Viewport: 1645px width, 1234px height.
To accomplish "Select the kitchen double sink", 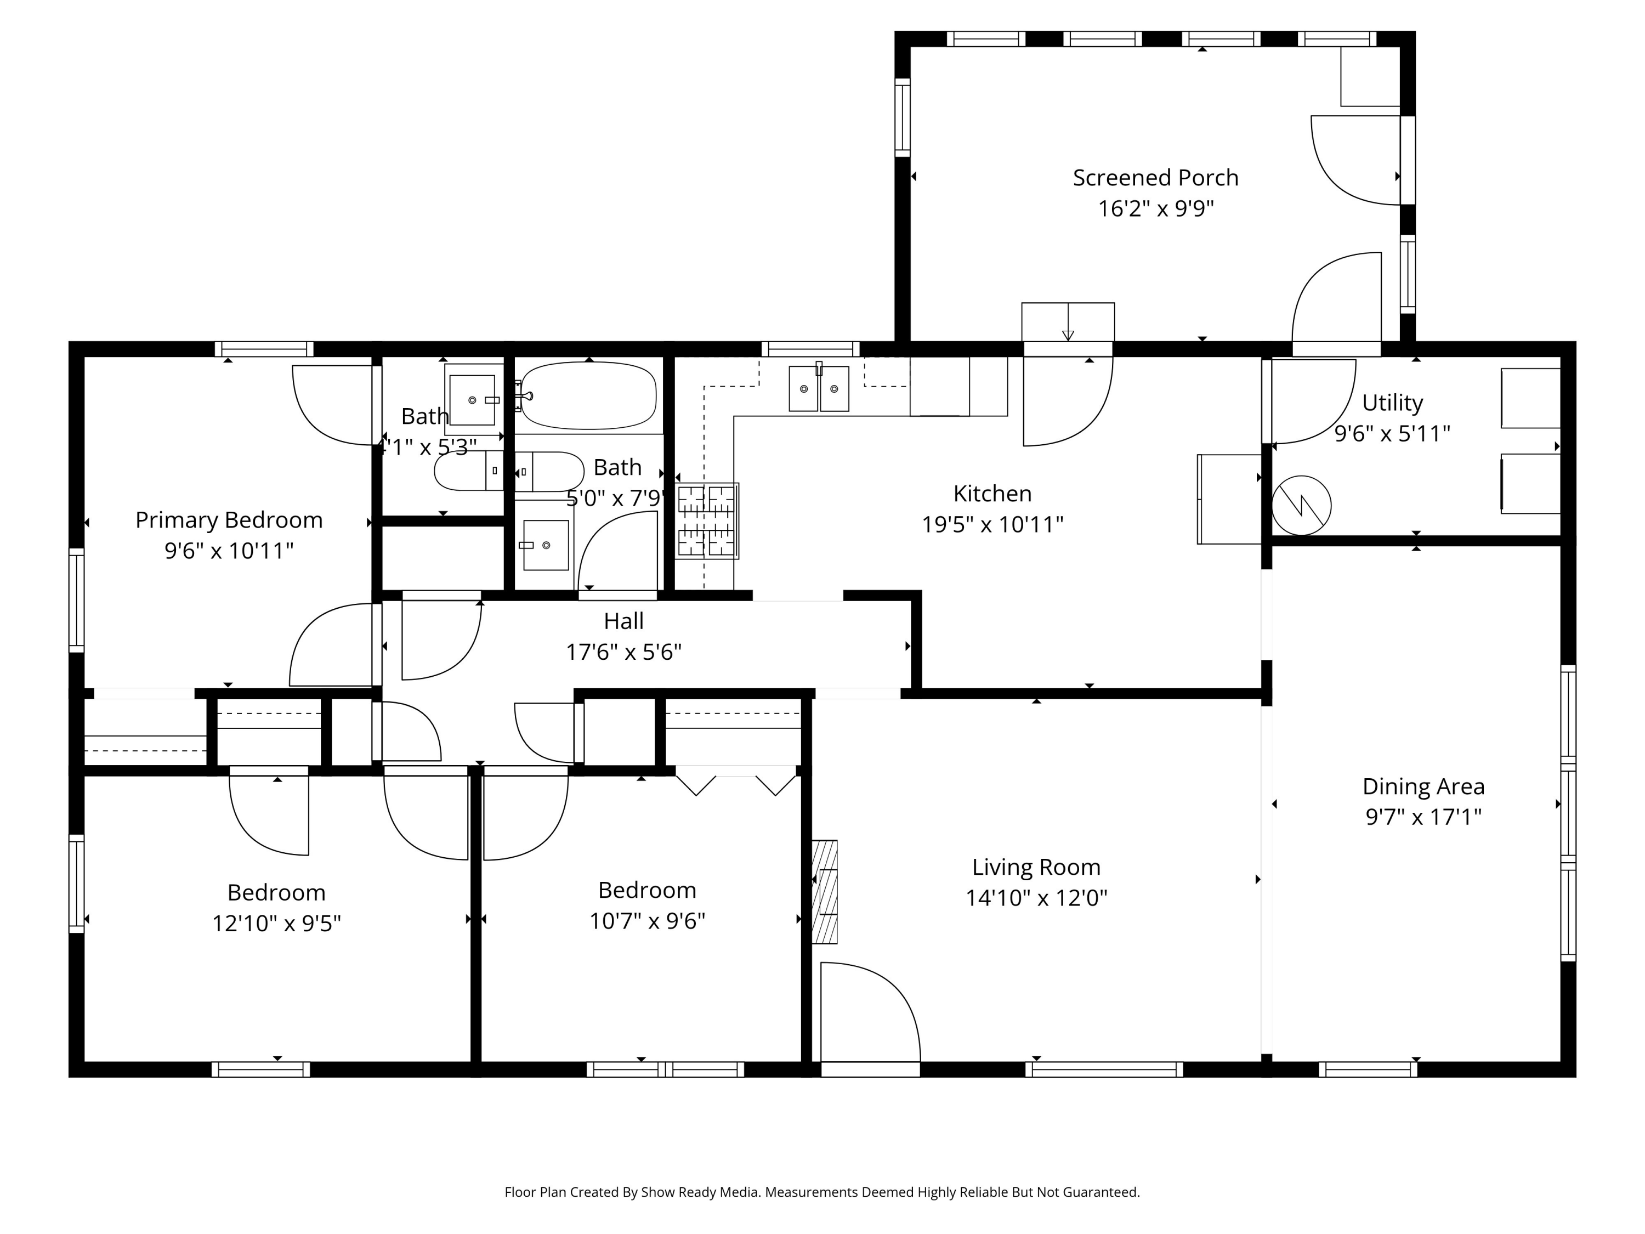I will coord(818,388).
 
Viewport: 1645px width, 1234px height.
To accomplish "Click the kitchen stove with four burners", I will coord(706,520).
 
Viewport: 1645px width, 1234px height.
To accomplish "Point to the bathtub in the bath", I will coord(588,396).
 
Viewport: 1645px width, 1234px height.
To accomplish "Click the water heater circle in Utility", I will coord(1301,505).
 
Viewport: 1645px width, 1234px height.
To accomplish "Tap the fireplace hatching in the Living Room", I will coord(824,892).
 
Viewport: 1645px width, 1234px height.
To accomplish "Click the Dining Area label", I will coord(1422,786).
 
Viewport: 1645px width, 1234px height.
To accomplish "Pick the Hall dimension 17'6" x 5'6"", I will coord(623,652).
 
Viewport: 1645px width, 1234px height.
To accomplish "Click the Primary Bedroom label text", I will coord(229,520).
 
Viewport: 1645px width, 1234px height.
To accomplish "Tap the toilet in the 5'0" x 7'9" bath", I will coord(549,472).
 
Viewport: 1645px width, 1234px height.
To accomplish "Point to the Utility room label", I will coord(1392,403).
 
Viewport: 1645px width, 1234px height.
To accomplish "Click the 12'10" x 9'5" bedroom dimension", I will coord(277,923).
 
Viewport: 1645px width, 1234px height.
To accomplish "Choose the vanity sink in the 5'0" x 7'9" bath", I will coord(545,545).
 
